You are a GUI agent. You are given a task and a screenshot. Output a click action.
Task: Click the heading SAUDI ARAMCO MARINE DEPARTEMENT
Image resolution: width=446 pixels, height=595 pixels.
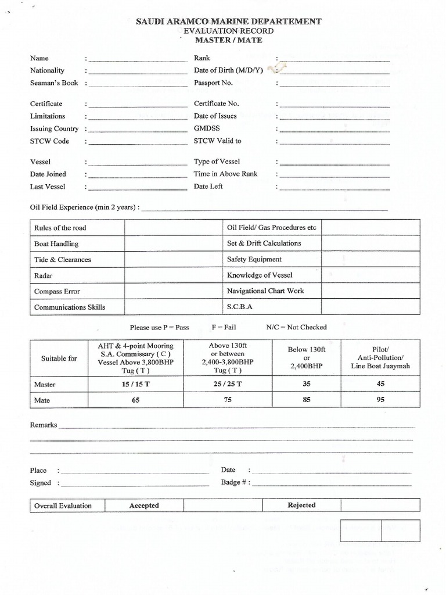point(228,21)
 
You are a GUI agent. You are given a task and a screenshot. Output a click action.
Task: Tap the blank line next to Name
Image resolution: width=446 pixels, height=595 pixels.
point(138,59)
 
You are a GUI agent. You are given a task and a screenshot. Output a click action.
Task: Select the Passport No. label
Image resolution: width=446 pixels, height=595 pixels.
point(213,83)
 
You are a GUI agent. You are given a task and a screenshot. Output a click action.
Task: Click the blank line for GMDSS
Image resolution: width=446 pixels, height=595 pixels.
point(334,129)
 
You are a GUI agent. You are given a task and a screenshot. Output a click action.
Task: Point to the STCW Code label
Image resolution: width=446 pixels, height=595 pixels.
point(49,141)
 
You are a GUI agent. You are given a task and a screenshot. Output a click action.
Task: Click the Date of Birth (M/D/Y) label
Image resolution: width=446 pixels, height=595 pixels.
point(228,71)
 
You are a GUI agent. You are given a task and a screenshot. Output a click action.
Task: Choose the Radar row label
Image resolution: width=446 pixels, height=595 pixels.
point(44,275)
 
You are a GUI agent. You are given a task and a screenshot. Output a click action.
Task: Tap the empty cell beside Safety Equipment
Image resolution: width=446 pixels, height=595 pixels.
point(370,260)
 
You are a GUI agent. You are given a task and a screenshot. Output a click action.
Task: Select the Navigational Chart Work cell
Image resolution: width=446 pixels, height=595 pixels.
point(265,291)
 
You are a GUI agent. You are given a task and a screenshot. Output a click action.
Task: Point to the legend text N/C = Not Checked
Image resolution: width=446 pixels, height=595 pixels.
point(296,327)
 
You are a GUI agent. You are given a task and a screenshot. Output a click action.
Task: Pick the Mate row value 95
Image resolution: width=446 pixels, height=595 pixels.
point(380,400)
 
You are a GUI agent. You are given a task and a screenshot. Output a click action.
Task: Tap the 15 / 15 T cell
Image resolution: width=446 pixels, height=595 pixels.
point(136,384)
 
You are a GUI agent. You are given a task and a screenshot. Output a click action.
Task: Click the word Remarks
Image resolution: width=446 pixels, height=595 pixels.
point(44,425)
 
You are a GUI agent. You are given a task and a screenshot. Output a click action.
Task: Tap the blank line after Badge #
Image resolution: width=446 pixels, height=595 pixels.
point(332,483)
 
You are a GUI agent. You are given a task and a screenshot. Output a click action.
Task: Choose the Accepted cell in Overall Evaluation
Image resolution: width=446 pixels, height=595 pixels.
point(144,506)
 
